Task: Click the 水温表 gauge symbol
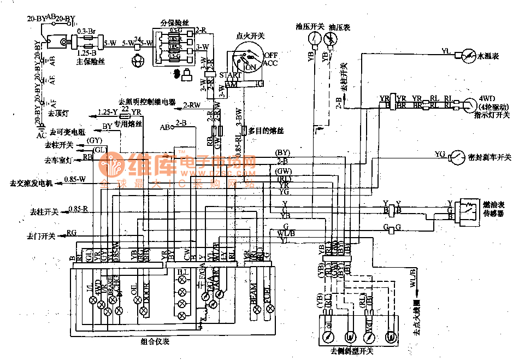pos(468,55)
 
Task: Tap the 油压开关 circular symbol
pos(314,38)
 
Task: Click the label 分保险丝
pos(174,22)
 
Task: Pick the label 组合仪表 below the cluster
pos(155,341)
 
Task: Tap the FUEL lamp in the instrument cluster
pos(268,309)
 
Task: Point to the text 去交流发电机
pos(32,182)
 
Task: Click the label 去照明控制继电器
pos(148,102)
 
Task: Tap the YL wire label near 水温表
pos(445,51)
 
